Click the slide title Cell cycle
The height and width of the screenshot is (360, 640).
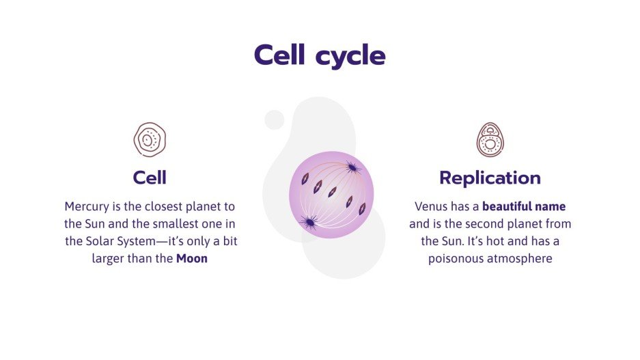tap(320, 55)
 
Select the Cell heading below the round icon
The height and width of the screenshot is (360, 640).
tap(150, 178)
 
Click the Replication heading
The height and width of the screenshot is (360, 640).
tap(490, 178)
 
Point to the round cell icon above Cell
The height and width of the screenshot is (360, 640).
tap(150, 140)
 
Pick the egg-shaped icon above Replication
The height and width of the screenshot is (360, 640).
tap(490, 140)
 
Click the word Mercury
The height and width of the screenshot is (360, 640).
tap(87, 206)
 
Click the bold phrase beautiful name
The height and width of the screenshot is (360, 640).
tap(524, 206)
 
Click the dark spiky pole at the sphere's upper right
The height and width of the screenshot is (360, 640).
tap(352, 167)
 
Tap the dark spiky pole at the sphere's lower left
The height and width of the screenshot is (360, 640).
tap(309, 221)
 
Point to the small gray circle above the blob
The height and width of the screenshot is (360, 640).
tap(274, 120)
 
